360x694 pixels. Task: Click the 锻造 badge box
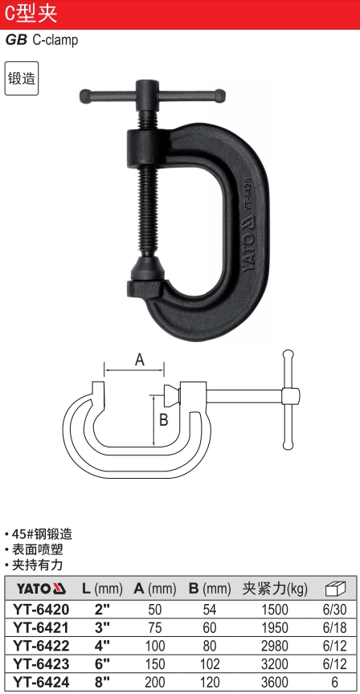(x=22, y=79)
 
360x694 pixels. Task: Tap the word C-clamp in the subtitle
(x=55, y=40)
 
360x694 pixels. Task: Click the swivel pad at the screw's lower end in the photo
(x=145, y=267)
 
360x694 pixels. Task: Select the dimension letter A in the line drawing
(x=140, y=361)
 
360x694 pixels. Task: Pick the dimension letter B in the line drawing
(x=163, y=419)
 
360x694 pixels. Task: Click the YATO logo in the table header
(x=41, y=589)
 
